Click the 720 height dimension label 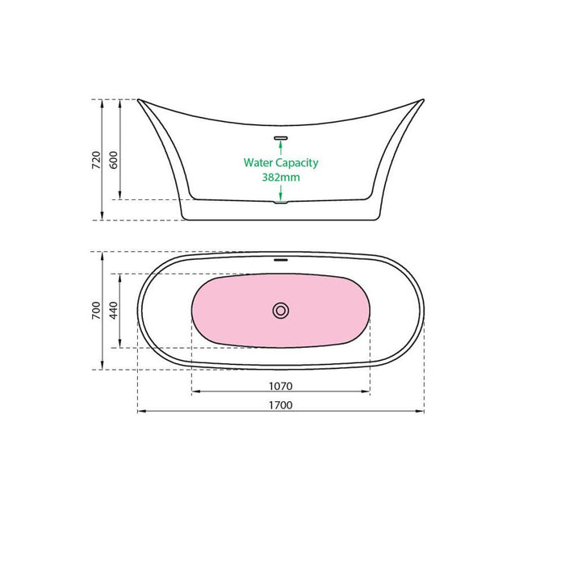pos(96,160)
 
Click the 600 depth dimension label pos(114,160)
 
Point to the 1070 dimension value pos(280,386)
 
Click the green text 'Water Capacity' pos(281,162)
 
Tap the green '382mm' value pos(281,177)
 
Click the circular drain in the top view pos(281,310)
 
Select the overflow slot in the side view pos(281,137)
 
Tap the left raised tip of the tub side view pos(140,101)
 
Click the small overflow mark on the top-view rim pos(281,260)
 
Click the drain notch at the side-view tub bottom pos(281,202)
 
